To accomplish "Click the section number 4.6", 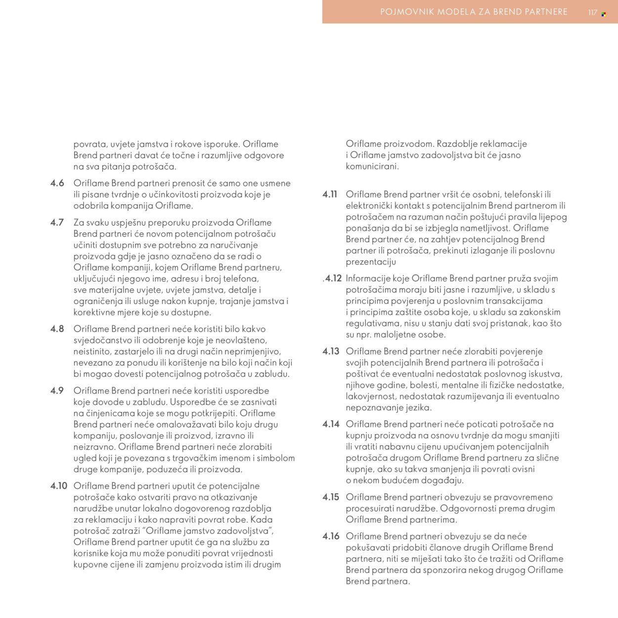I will tap(57, 183).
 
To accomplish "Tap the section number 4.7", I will tap(57, 222).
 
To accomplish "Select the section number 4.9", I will tap(57, 391).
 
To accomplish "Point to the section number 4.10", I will tap(59, 486).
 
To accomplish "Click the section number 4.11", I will tap(330, 194).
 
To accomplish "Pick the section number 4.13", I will tap(331, 352).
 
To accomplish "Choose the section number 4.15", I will tap(331, 497).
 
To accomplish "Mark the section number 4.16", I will tap(331, 536).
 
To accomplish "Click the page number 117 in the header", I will tap(593, 13).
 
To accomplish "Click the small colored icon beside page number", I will tap(604, 14).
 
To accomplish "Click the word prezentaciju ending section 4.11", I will tap(371, 262).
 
